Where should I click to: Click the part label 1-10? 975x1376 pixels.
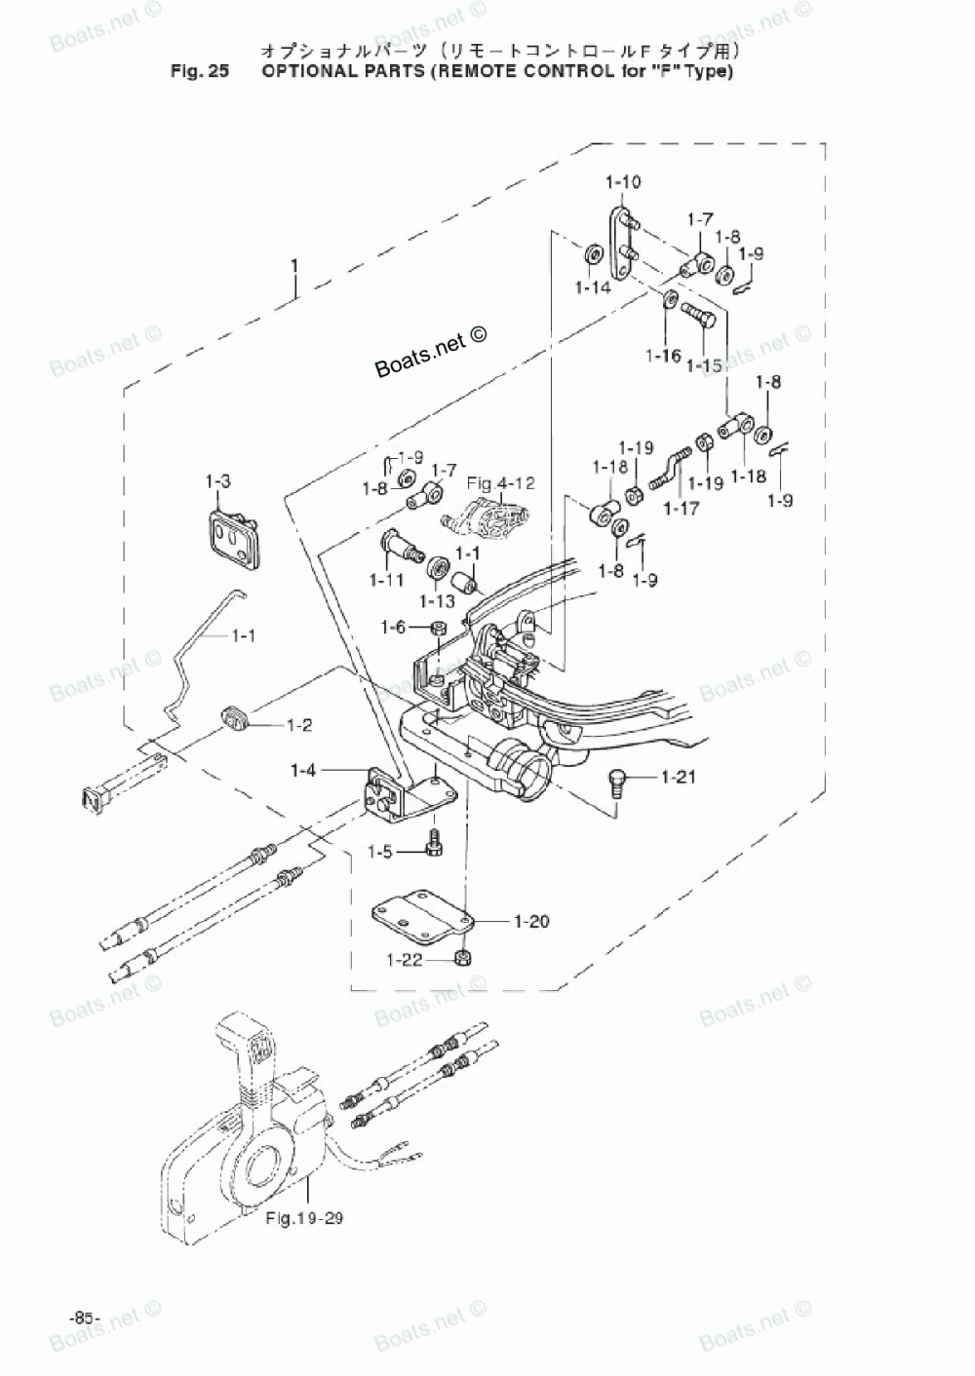click(623, 182)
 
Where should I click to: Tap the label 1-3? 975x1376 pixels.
click(217, 481)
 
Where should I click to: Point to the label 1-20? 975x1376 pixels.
click(531, 921)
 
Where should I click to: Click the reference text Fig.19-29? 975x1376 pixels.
click(304, 1219)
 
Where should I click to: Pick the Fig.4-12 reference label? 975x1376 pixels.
click(500, 482)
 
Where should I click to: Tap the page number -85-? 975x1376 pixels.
click(85, 1318)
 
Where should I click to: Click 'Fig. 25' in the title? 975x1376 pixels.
click(198, 71)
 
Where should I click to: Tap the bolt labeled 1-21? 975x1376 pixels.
click(615, 780)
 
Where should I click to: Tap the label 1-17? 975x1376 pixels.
click(682, 508)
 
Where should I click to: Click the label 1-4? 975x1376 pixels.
click(303, 771)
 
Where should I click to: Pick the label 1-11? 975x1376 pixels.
click(386, 580)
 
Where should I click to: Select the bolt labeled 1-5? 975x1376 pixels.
click(434, 844)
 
